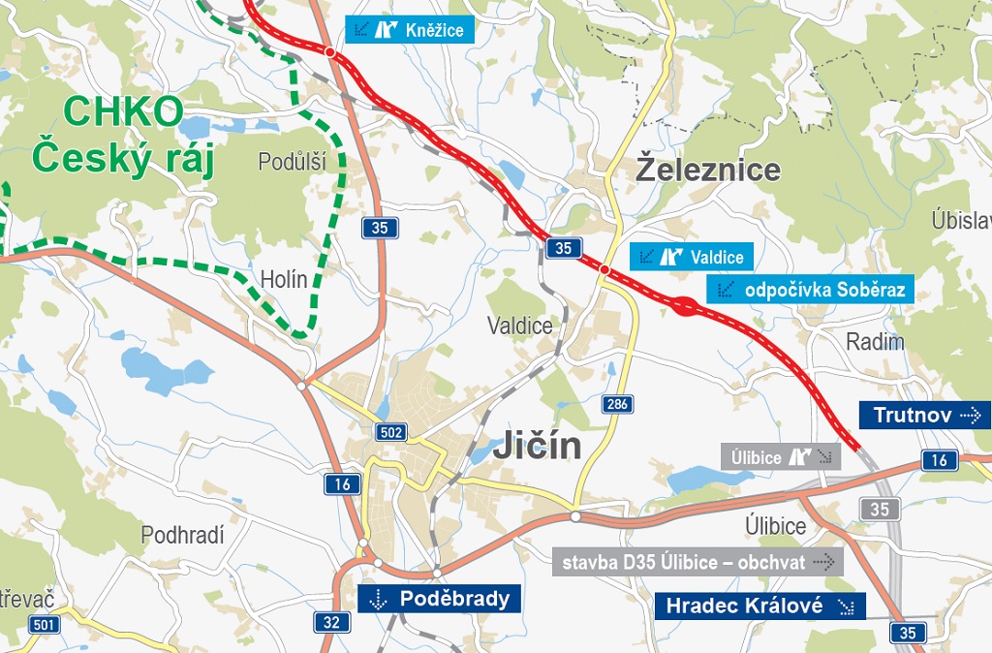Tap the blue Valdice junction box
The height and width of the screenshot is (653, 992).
(691, 257)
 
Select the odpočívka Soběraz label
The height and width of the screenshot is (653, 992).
(809, 289)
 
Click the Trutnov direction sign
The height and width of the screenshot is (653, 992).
(924, 416)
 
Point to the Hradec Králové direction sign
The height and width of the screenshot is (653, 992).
(759, 606)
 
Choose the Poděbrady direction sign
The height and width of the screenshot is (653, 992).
(440, 599)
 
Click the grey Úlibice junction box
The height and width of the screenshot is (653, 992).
(781, 457)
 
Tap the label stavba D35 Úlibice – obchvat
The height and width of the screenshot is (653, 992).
(697, 562)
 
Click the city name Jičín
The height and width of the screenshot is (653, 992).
(537, 446)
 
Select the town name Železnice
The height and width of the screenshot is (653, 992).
(708, 170)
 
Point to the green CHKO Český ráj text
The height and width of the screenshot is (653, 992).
(121, 136)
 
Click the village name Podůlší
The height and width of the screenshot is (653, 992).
(292, 162)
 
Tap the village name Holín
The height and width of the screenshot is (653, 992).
(284, 280)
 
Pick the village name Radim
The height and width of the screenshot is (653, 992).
(875, 341)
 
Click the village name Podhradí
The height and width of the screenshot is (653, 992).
(182, 535)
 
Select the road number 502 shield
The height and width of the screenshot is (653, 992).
(391, 432)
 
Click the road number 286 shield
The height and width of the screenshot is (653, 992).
(616, 404)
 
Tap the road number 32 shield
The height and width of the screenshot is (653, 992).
(332, 622)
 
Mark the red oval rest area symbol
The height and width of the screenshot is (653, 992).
(684, 308)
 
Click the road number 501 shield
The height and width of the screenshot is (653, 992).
(44, 624)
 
